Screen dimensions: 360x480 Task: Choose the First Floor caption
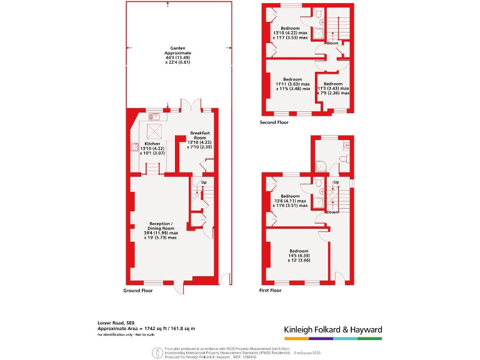pos(270,291)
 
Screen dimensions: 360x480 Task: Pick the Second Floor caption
pos(274,123)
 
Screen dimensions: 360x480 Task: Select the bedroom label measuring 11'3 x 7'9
pos(333,89)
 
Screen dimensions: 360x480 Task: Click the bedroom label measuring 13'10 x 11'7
pos(290,32)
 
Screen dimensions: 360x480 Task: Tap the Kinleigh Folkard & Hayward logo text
pos(332,329)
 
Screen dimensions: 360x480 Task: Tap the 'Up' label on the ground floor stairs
pos(203,182)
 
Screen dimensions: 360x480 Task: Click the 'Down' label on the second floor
pos(332,44)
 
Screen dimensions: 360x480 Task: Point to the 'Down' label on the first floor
pos(332,212)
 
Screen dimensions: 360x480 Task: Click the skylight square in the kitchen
pos(153,131)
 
